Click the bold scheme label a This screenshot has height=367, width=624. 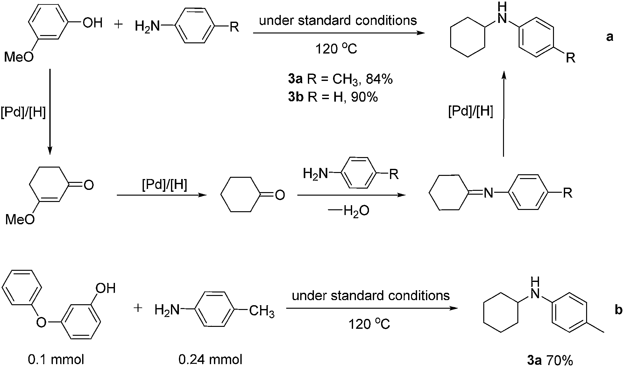point(609,37)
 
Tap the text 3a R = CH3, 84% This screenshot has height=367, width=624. point(340,79)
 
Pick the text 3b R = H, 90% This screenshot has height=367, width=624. point(333,97)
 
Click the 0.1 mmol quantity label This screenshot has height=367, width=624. point(56,360)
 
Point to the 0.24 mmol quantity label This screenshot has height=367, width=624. point(210,360)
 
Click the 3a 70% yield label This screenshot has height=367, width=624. point(550,361)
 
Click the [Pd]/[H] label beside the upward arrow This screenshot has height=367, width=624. point(471,112)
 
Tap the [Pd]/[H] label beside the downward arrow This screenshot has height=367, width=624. point(23,113)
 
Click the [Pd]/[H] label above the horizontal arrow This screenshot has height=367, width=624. point(165,185)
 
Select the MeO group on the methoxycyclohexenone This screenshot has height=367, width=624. point(20,219)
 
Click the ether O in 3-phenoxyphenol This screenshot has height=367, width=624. point(41,322)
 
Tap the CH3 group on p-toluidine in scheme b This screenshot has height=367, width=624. point(262,311)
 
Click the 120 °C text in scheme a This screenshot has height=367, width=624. point(336,49)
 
